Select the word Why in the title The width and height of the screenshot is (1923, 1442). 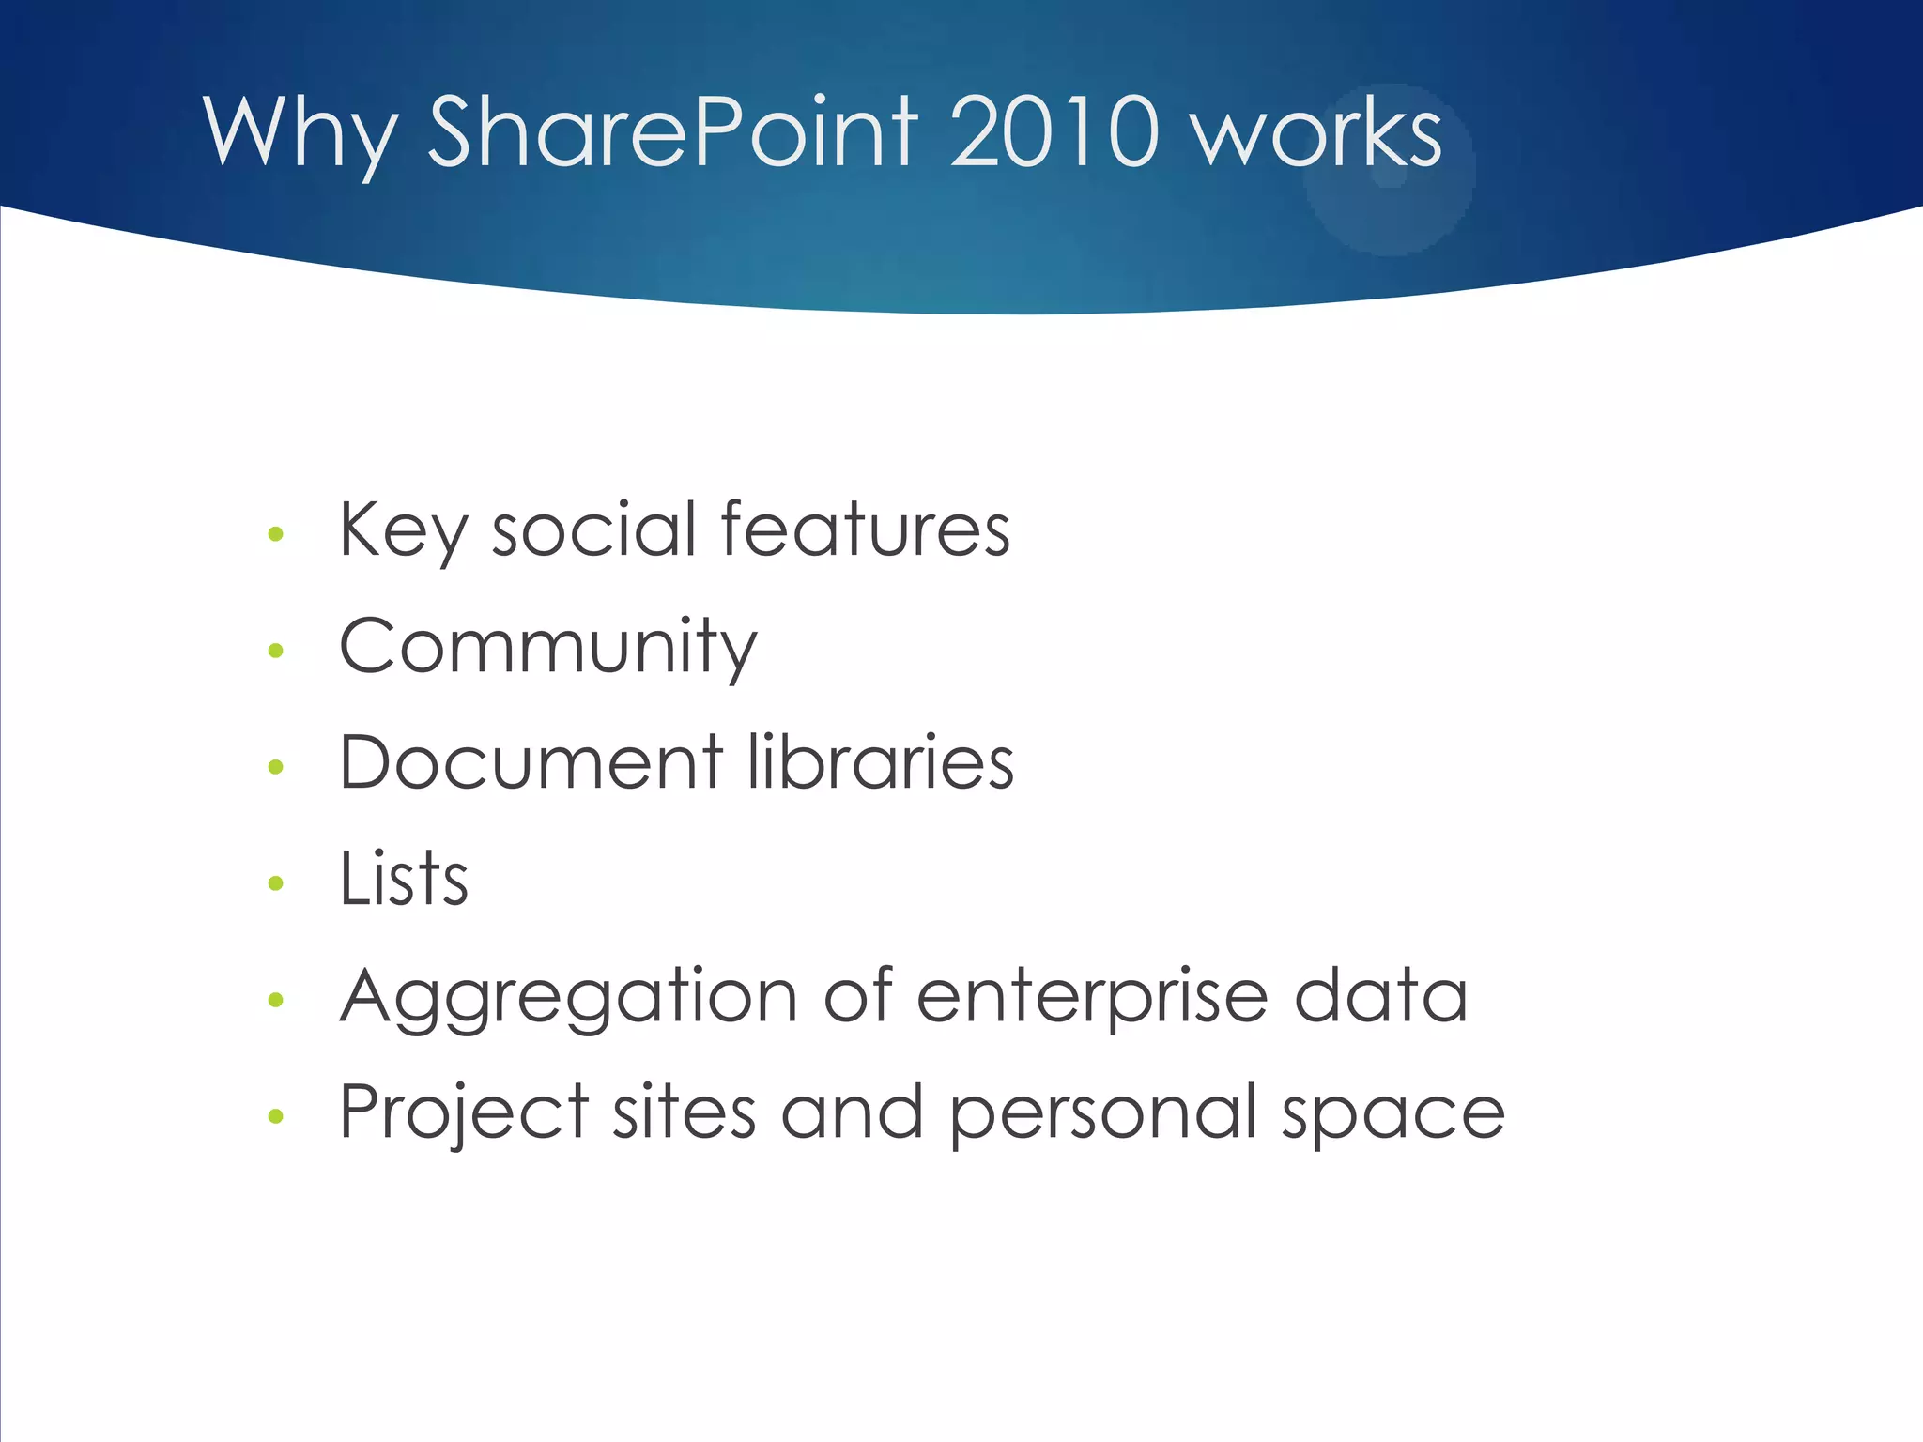pyautogui.click(x=300, y=133)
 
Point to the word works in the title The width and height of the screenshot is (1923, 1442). pyautogui.click(x=1316, y=133)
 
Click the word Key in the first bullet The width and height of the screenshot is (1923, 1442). pyautogui.click(x=402, y=530)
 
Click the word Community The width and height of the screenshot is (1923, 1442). pyautogui.click(x=547, y=648)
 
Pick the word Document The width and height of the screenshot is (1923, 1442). pyautogui.click(x=531, y=761)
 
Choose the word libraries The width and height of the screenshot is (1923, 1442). pyautogui.click(x=881, y=761)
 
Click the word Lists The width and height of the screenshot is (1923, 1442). pyautogui.click(x=404, y=879)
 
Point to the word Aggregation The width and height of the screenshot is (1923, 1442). pyautogui.click(x=568, y=998)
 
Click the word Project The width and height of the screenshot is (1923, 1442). pyautogui.click(x=463, y=1113)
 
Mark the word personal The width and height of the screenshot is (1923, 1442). pyautogui.click(x=1103, y=1113)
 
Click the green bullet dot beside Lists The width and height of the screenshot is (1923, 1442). pyautogui.click(x=275, y=882)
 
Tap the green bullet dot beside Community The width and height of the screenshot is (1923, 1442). pyautogui.click(x=275, y=650)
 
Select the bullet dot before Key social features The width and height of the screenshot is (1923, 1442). pyautogui.click(x=275, y=534)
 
